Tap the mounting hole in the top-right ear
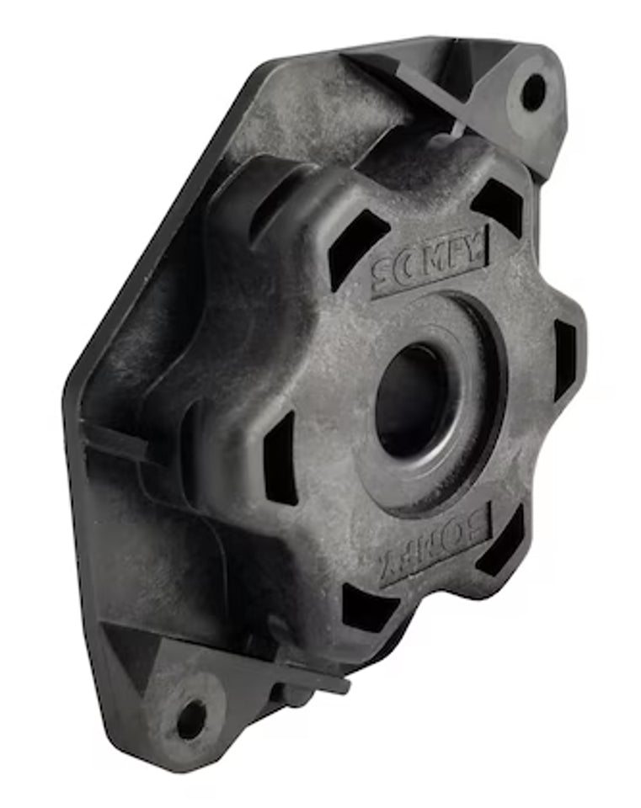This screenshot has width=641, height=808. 533,91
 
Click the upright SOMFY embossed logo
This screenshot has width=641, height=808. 430,259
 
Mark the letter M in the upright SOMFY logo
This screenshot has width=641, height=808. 433,258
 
